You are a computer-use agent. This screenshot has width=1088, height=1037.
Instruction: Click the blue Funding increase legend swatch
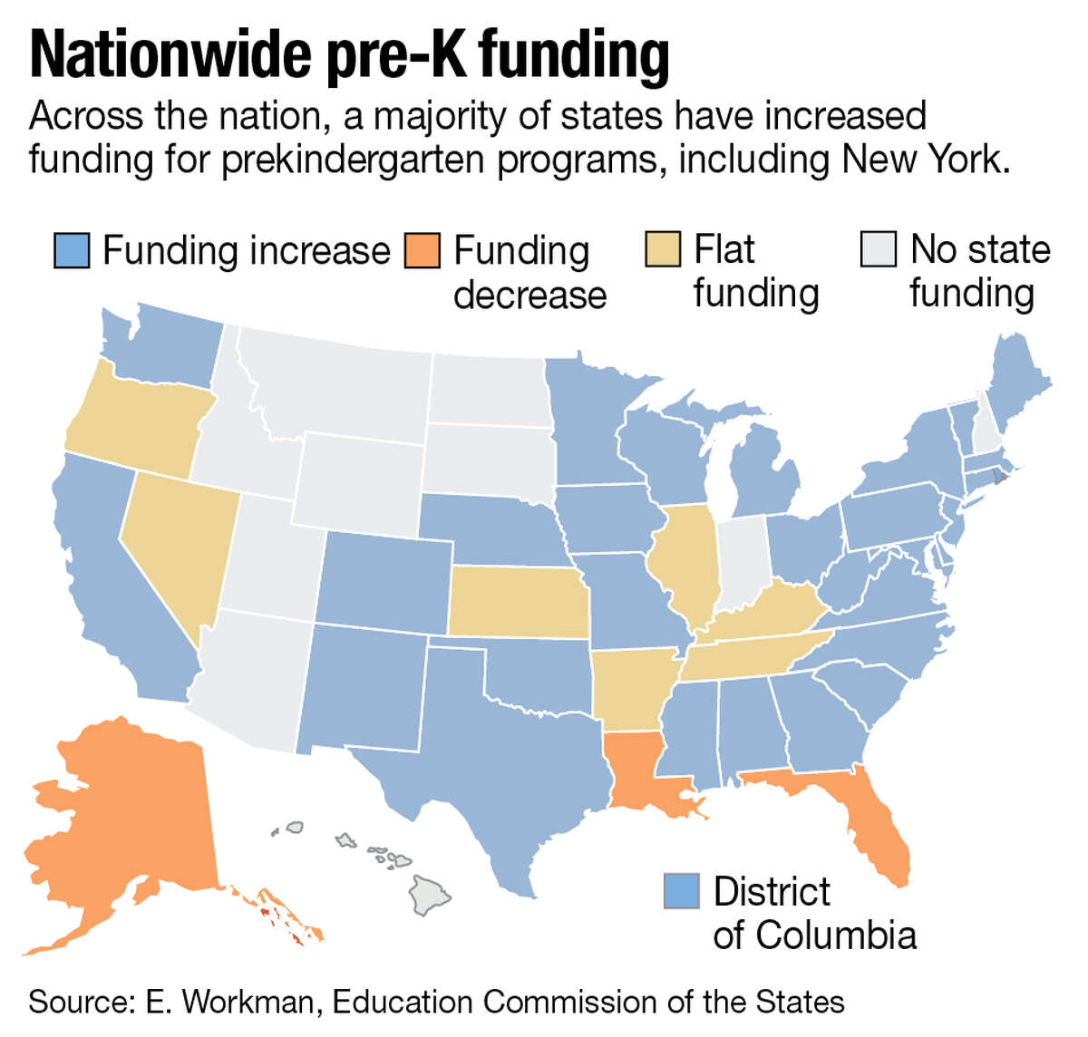tap(72, 250)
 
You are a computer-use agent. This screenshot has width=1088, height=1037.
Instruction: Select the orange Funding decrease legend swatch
tap(423, 250)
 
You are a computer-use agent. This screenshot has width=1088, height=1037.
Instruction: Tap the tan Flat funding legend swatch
tap(663, 250)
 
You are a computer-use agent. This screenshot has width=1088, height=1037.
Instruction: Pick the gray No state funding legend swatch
tap(879, 250)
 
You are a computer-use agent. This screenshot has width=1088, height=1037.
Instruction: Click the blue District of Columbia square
tap(682, 891)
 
